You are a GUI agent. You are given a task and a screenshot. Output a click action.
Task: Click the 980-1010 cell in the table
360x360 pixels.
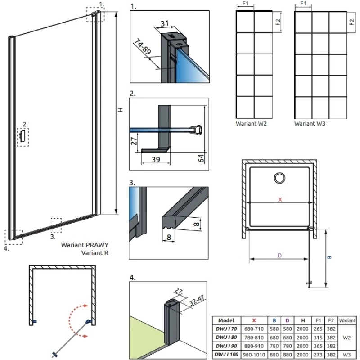pyautogui.click(x=254, y=355)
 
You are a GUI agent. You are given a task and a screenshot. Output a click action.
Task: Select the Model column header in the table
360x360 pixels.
pyautogui.click(x=226, y=320)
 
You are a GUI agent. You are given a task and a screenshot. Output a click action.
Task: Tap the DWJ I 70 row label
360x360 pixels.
pyautogui.click(x=226, y=329)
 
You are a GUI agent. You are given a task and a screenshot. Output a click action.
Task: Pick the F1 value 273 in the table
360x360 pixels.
pyautogui.click(x=319, y=355)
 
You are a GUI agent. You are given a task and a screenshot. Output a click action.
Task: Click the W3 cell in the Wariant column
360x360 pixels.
pyautogui.click(x=346, y=355)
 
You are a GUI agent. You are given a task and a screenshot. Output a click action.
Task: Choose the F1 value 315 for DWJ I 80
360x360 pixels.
pyautogui.click(x=319, y=337)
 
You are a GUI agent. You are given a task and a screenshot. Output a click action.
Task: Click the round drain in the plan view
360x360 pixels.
pyautogui.click(x=279, y=178)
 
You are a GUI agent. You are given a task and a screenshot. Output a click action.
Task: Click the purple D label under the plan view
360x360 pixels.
pyautogui.click(x=279, y=256)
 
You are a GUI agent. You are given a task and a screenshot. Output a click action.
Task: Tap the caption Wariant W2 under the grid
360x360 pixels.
pyautogui.click(x=252, y=123)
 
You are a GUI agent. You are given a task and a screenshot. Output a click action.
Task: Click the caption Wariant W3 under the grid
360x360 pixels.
pyautogui.click(x=310, y=123)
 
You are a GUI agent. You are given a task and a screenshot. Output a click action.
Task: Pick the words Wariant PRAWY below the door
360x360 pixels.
pyautogui.click(x=85, y=245)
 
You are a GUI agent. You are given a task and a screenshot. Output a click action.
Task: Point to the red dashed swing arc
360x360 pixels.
pyautogui.click(x=72, y=320)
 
